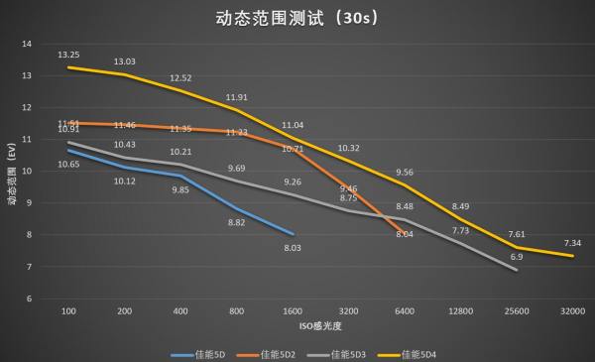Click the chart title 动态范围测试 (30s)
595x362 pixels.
(297, 17)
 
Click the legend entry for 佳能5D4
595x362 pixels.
(434, 353)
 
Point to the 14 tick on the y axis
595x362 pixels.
(27, 44)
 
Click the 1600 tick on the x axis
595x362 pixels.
(294, 310)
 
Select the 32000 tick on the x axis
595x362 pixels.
(573, 310)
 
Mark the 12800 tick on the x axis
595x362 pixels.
(461, 310)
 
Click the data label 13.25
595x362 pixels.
(68, 55)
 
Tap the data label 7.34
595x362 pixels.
(573, 243)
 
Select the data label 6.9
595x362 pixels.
(516, 257)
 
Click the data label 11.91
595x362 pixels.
(236, 97)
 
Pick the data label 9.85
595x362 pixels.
(180, 189)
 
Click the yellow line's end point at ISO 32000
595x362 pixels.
(573, 256)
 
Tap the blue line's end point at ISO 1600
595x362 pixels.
(294, 234)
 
